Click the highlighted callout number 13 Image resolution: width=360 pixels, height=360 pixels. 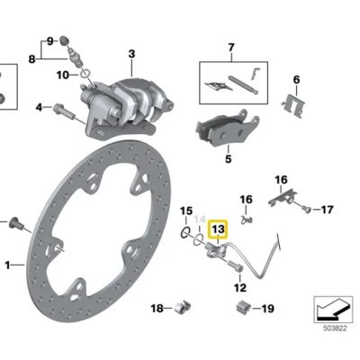point(218,229)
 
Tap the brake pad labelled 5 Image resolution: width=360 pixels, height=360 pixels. point(227,128)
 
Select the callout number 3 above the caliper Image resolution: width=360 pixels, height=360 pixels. point(131,54)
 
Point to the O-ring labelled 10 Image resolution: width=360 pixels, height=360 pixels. point(85,73)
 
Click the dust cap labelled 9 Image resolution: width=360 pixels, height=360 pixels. point(64,40)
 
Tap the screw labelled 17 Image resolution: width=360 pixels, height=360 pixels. point(306,209)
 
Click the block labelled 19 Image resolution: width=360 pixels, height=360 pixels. point(242,307)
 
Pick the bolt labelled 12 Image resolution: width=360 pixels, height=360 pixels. point(236,266)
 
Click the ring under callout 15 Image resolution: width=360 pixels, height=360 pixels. point(186,231)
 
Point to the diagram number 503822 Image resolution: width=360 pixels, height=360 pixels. point(335,328)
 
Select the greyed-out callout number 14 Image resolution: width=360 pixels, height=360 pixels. point(200,220)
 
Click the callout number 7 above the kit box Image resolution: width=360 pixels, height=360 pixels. point(231,48)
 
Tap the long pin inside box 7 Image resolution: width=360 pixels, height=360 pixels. point(243,85)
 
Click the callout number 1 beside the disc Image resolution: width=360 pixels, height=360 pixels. point(8,265)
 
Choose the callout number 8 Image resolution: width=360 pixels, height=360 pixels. point(31,59)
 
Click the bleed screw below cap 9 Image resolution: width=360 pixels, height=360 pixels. point(75,58)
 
